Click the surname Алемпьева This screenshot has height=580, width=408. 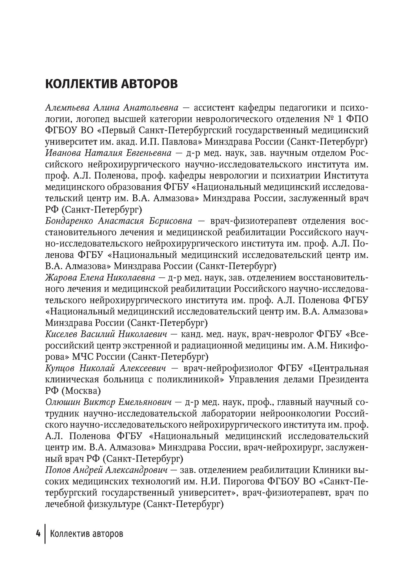tap(67, 108)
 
